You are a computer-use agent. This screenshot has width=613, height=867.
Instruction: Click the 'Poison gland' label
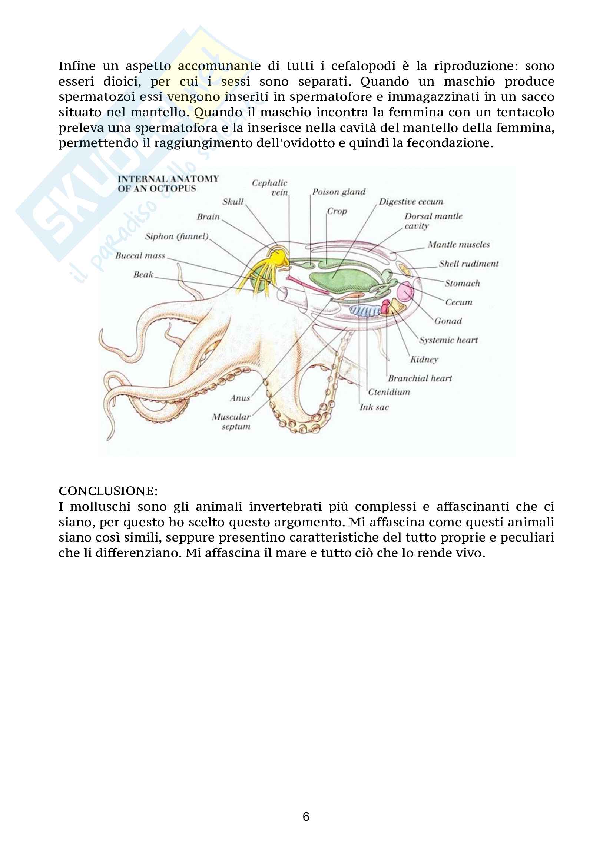339,192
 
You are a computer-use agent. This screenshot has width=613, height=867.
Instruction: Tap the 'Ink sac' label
374,407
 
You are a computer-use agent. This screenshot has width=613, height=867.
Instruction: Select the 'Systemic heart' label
448,340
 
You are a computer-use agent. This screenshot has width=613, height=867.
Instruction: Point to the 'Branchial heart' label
420,378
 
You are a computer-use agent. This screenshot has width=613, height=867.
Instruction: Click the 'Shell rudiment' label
468,264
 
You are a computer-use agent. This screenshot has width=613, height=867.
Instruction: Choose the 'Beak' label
143,275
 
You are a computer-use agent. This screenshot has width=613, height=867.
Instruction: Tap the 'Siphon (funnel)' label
177,236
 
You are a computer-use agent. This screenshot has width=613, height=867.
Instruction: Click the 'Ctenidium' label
389,392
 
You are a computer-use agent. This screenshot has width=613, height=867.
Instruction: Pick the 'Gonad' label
448,321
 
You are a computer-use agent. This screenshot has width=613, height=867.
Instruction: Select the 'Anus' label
240,398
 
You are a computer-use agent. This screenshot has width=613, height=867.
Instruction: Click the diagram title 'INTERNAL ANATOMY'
168,179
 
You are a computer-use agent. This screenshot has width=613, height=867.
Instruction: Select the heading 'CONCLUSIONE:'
108,491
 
